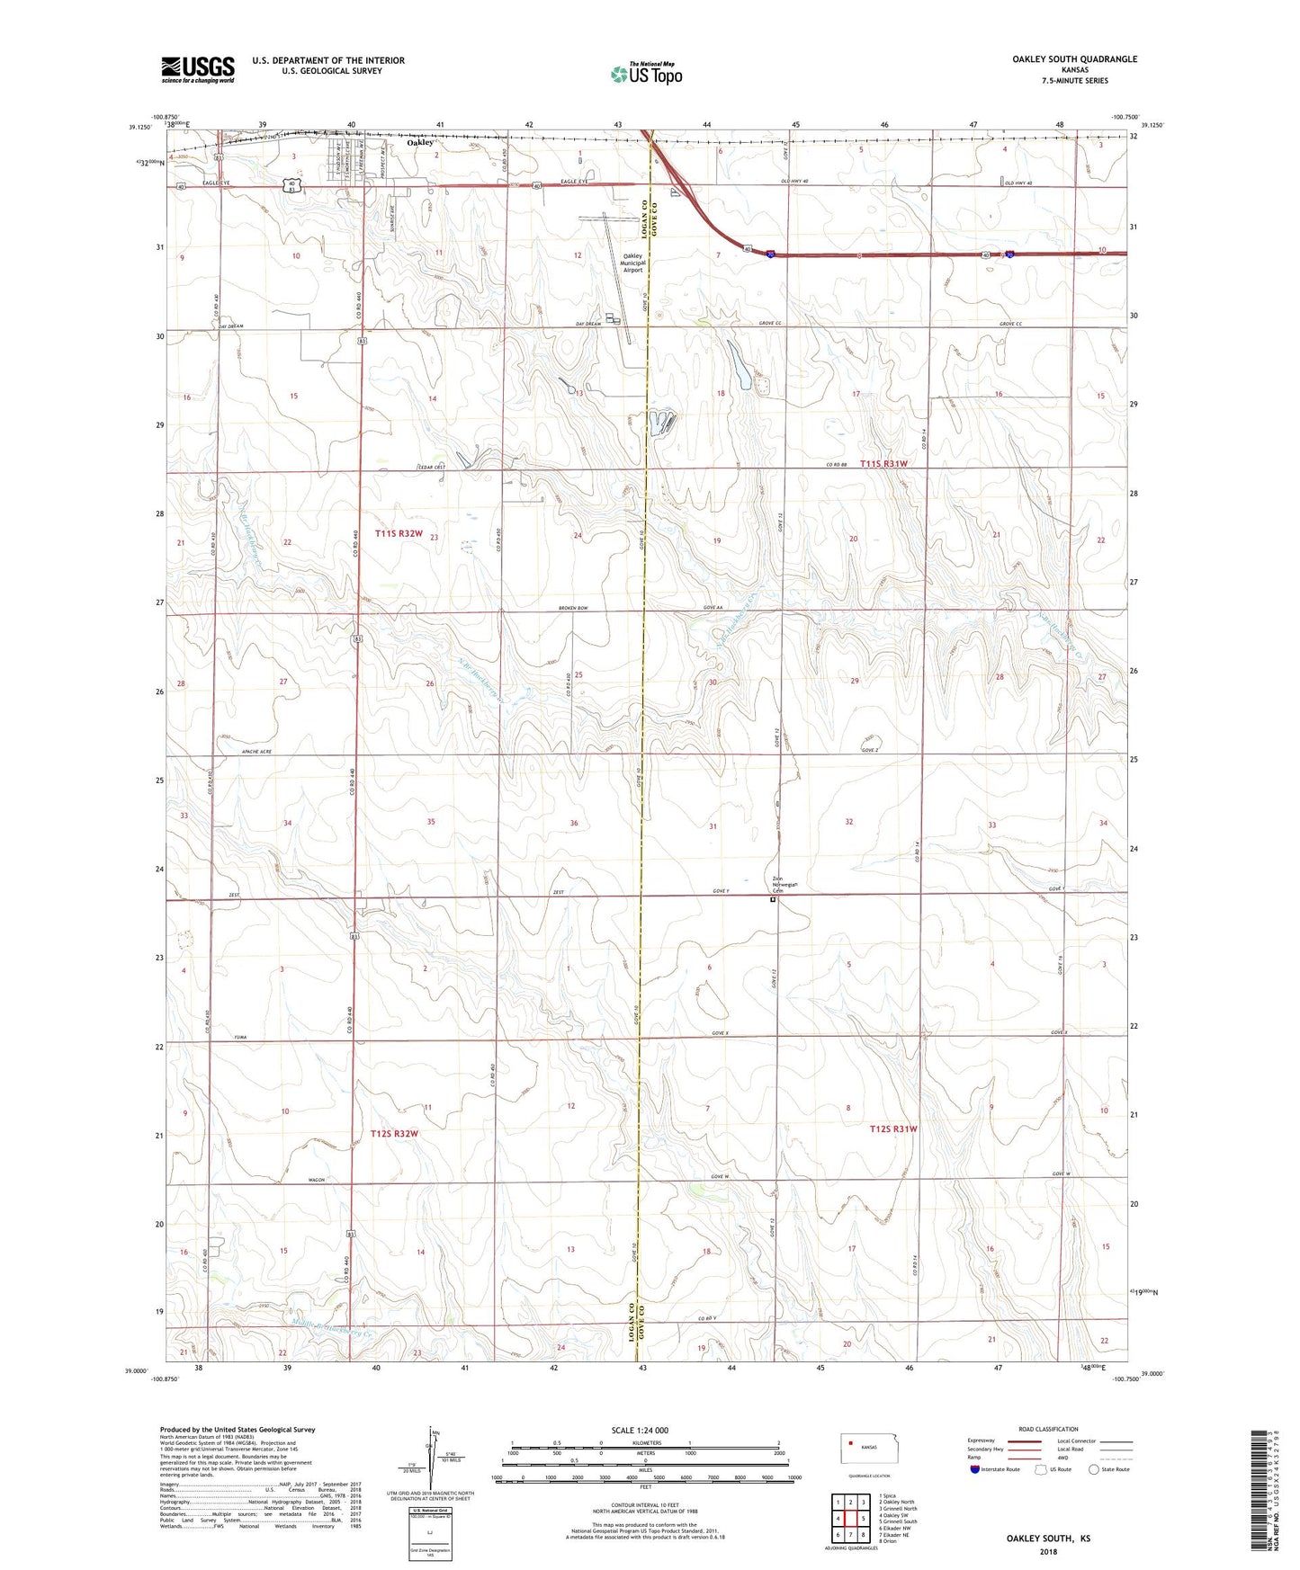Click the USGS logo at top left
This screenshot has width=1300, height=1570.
[x=198, y=69]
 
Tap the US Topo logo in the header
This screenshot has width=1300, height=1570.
[x=647, y=73]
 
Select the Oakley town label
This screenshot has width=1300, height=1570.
[x=419, y=142]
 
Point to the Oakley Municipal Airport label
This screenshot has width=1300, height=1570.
[x=633, y=263]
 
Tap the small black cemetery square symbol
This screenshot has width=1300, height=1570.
[x=773, y=898]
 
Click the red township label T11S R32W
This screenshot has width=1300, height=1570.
[x=399, y=534]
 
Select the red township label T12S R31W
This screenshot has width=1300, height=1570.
[x=893, y=1128]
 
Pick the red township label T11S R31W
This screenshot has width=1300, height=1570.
[x=883, y=464]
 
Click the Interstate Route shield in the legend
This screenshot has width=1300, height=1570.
[x=976, y=1469]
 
